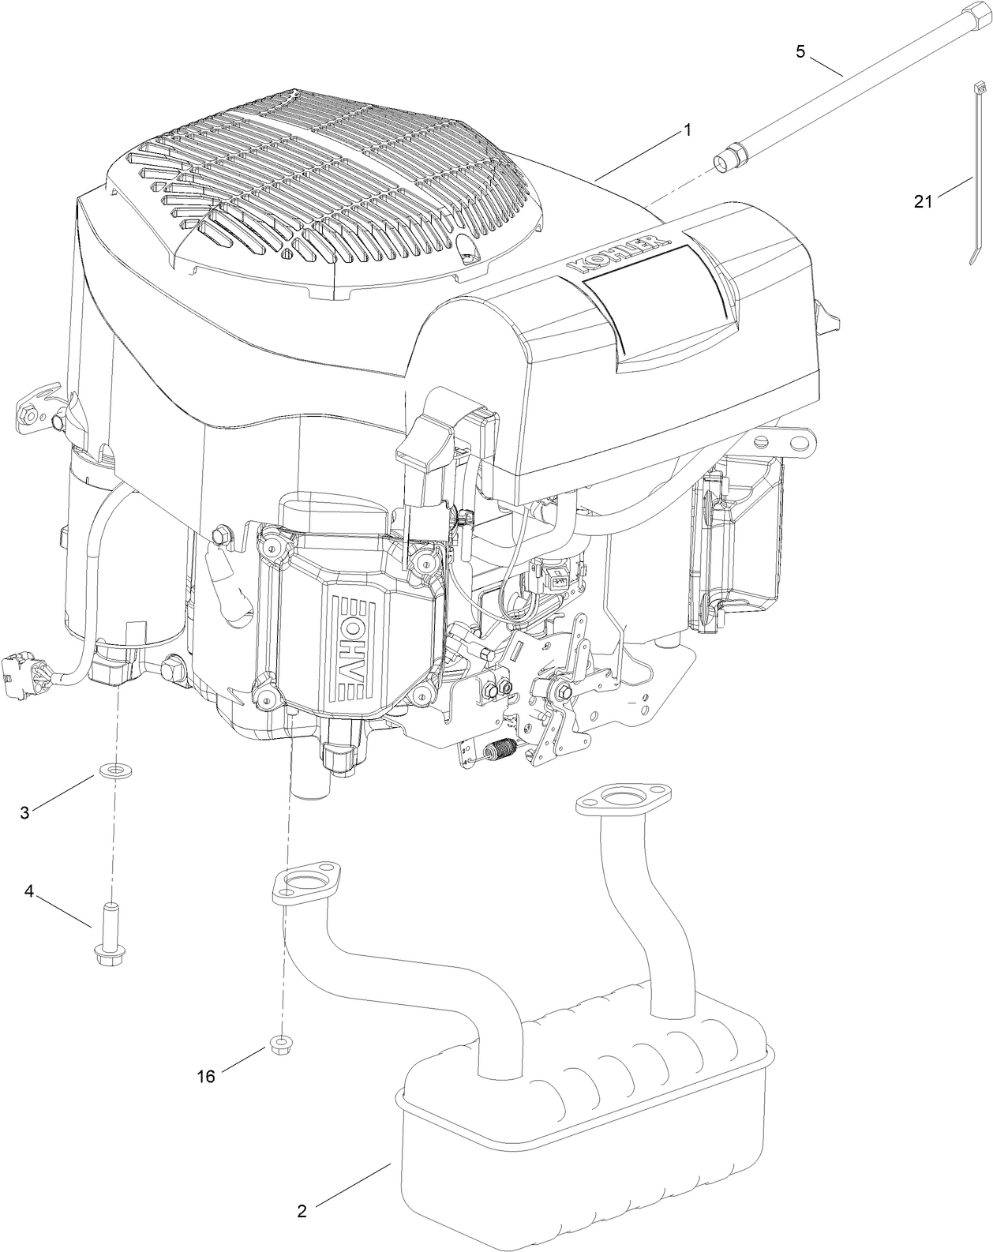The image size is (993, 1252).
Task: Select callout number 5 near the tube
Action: click(x=800, y=52)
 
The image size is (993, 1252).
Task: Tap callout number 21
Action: click(x=923, y=201)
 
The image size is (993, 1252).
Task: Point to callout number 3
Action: click(x=25, y=812)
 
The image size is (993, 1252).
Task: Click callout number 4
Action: click(x=29, y=891)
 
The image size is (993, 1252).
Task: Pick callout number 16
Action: click(x=206, y=1076)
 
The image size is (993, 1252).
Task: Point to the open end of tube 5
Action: click(x=723, y=163)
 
